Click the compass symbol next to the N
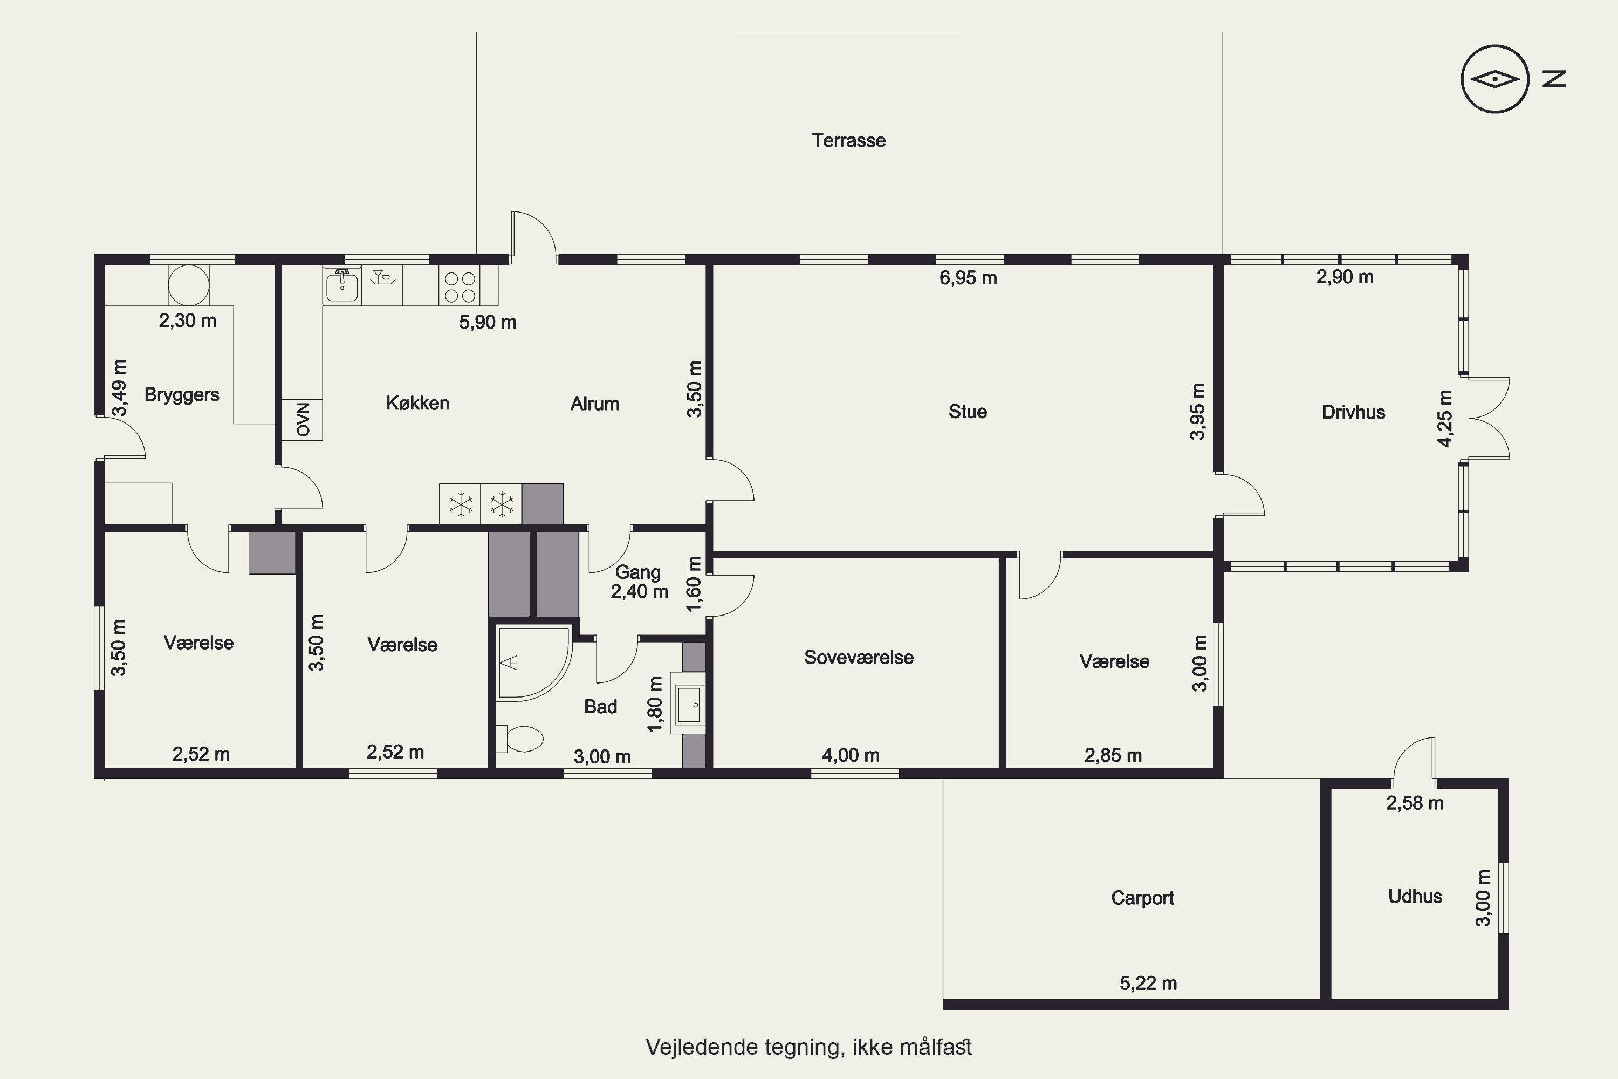coord(1495,79)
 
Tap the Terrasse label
coord(848,140)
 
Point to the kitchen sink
coord(342,285)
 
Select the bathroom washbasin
coord(689,705)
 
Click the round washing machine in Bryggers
coord(188,285)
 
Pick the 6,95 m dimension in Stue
coord(968,278)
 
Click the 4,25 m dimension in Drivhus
coord(1445,419)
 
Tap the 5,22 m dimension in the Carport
coord(1148,984)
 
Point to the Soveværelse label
coord(859,657)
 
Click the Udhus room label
coord(1415,896)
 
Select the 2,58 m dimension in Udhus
coord(1414,803)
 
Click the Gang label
coord(637,572)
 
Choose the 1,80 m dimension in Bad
coord(656,704)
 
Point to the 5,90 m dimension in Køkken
coord(488,322)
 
